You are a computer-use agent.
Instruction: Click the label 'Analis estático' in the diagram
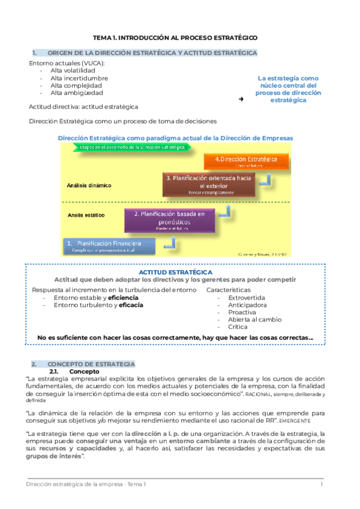pyautogui.click(x=86, y=214)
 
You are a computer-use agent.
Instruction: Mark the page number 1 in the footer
pyautogui.click(x=322, y=484)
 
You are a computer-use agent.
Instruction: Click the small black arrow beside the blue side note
pyautogui.click(x=241, y=98)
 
